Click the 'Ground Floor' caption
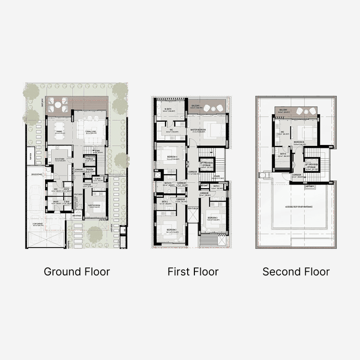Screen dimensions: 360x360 click(77, 272)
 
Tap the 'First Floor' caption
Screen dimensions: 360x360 click(193, 272)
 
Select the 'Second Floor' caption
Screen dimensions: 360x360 click(296, 272)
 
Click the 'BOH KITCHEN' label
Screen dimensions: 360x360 click(60, 160)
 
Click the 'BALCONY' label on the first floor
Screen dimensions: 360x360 click(195, 106)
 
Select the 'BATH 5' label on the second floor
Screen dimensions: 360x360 click(283, 154)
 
